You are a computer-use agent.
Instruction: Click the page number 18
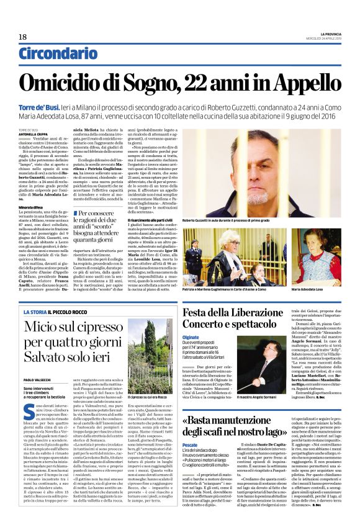(22, 37)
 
